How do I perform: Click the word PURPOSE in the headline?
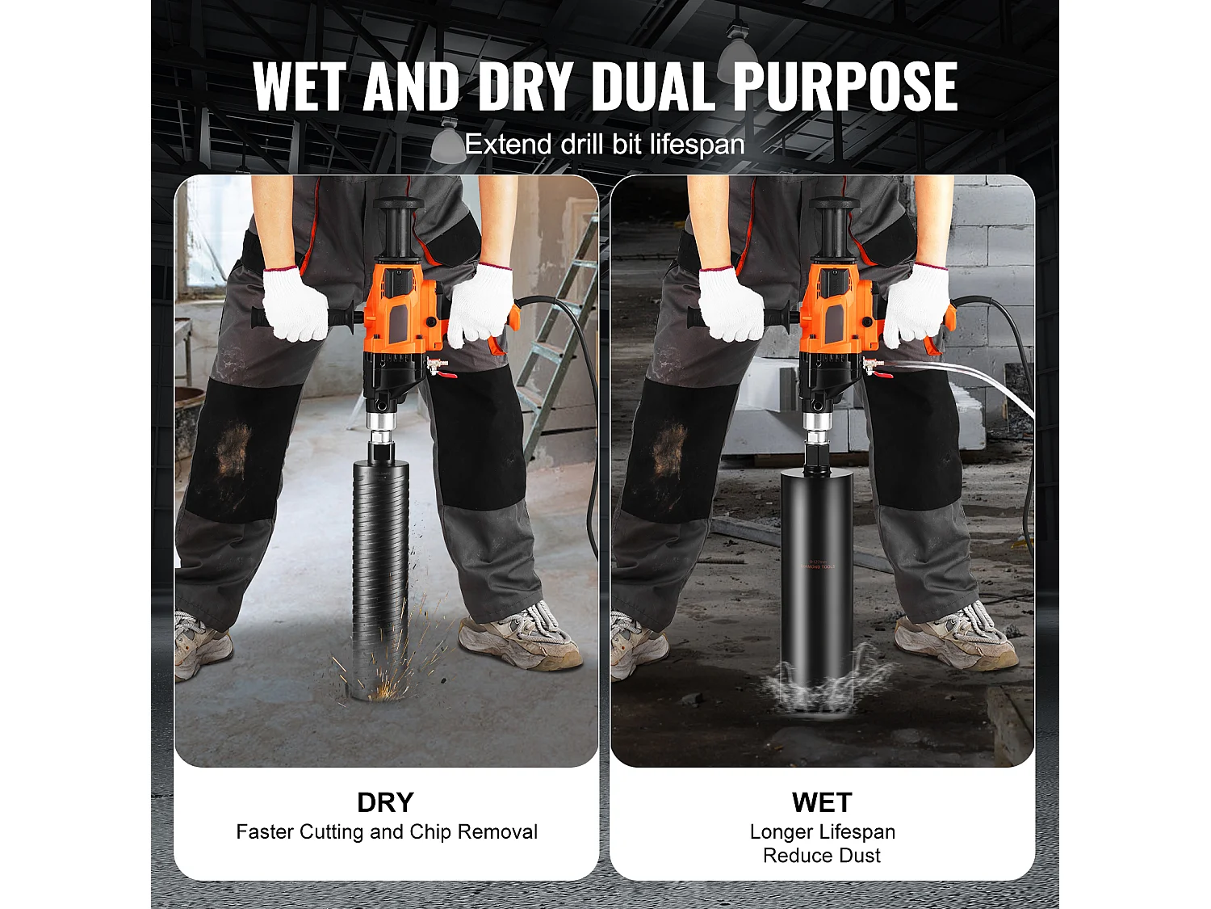[845, 86]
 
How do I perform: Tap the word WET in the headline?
[300, 86]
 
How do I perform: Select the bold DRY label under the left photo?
[385, 802]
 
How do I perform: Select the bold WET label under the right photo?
[822, 802]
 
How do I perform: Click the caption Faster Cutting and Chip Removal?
[387, 831]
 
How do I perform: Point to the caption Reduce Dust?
[822, 856]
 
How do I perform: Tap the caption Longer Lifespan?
[822, 831]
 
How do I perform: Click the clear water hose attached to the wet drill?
[960, 381]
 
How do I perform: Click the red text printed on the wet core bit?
[818, 564]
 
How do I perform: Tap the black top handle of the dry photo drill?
[398, 226]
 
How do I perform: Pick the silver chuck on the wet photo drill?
[816, 424]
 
